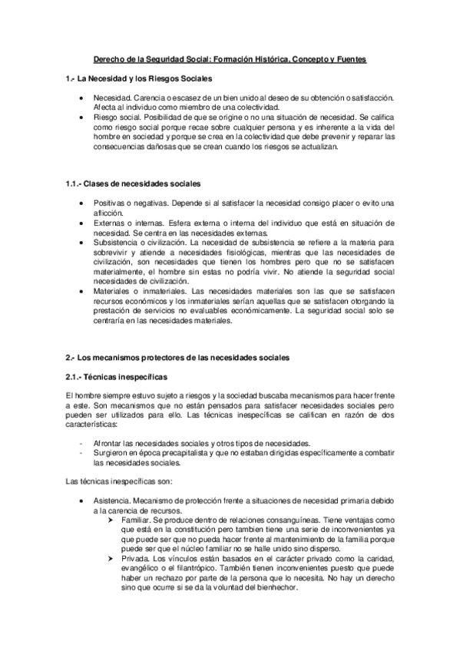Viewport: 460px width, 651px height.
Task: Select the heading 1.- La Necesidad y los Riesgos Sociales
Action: (139, 79)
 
